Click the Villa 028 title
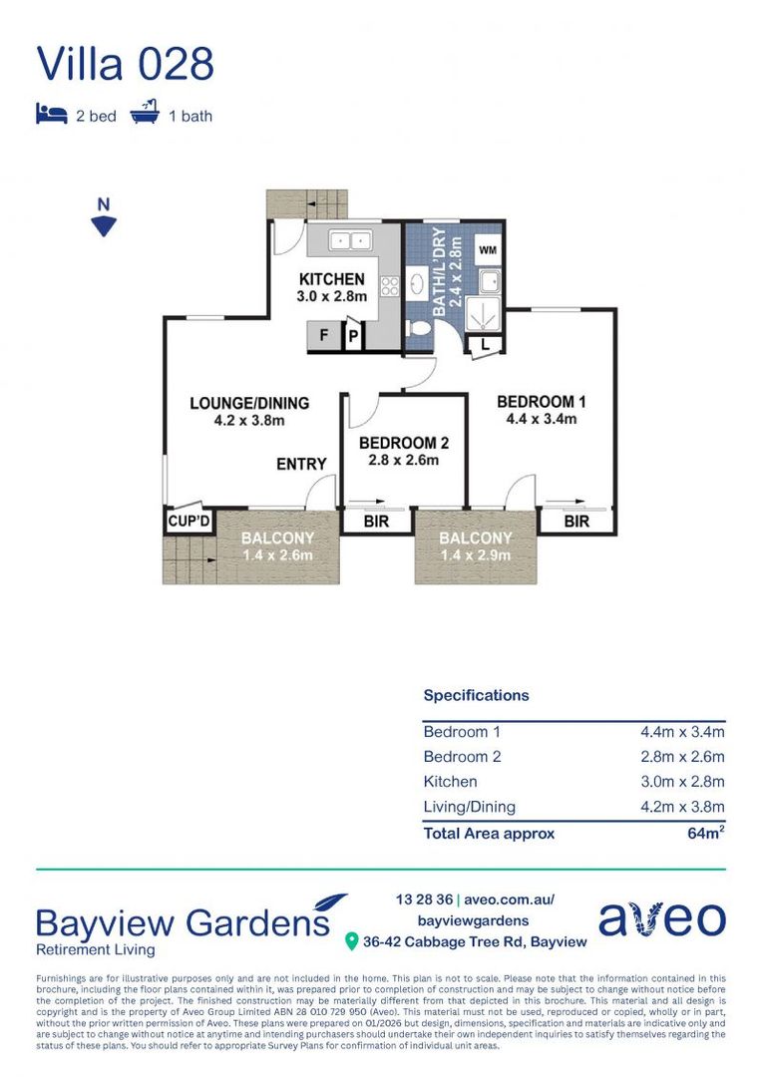[x=125, y=64]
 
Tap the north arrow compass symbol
[x=104, y=217]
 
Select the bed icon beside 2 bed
[x=52, y=114]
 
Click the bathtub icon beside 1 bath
[x=145, y=112]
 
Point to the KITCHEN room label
[x=332, y=279]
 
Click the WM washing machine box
[x=488, y=249]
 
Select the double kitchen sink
[x=350, y=241]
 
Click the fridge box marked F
[x=323, y=336]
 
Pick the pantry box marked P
[x=353, y=337]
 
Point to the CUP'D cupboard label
[x=189, y=522]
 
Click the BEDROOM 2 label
[x=404, y=443]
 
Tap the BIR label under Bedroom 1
[x=576, y=522]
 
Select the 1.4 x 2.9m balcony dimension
[x=476, y=555]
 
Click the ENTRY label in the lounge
[x=301, y=465]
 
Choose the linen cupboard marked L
[x=485, y=345]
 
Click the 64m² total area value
[x=706, y=833]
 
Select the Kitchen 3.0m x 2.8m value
[x=682, y=782]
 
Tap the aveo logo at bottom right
[x=662, y=919]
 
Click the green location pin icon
[x=351, y=941]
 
